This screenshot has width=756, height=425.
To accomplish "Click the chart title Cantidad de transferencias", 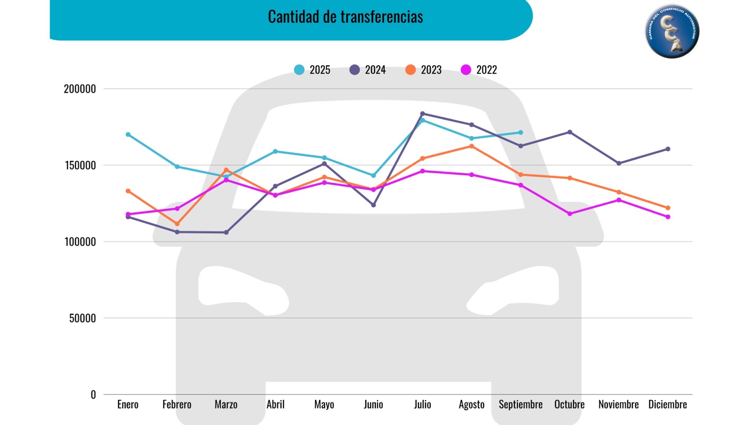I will pos(345,17).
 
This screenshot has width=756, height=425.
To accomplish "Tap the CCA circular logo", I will pos(672,31).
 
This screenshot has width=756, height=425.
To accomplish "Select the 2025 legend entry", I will pos(312,70).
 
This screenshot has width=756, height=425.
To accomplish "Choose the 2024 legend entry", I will pos(368,70).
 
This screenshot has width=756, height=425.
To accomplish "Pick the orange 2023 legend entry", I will pos(424,70).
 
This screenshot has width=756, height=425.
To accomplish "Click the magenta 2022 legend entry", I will pos(479,70).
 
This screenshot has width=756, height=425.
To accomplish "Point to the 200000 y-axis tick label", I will pos(80,89).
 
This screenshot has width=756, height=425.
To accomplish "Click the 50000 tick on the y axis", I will pos(83,318).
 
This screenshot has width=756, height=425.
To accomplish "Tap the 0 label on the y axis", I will pos(93,394).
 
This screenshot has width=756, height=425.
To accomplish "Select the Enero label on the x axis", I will pos(128,405).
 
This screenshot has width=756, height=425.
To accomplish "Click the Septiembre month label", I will pos(521,405).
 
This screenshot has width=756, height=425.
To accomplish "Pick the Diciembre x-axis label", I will pos(667,405).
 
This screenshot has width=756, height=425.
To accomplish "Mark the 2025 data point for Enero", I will pos(128,135).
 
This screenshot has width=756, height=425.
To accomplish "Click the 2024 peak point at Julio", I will pos(422,114).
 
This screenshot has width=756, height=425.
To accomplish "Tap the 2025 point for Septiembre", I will pos(521,133).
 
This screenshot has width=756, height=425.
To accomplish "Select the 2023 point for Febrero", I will pos(177,224).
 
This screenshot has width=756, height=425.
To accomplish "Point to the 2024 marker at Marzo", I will pos(226,233).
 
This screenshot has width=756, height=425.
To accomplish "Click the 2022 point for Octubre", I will pos(570,214).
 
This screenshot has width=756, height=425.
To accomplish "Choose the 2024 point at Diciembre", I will pos(668,149).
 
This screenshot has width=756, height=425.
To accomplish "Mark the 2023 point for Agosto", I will pos(472,146).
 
